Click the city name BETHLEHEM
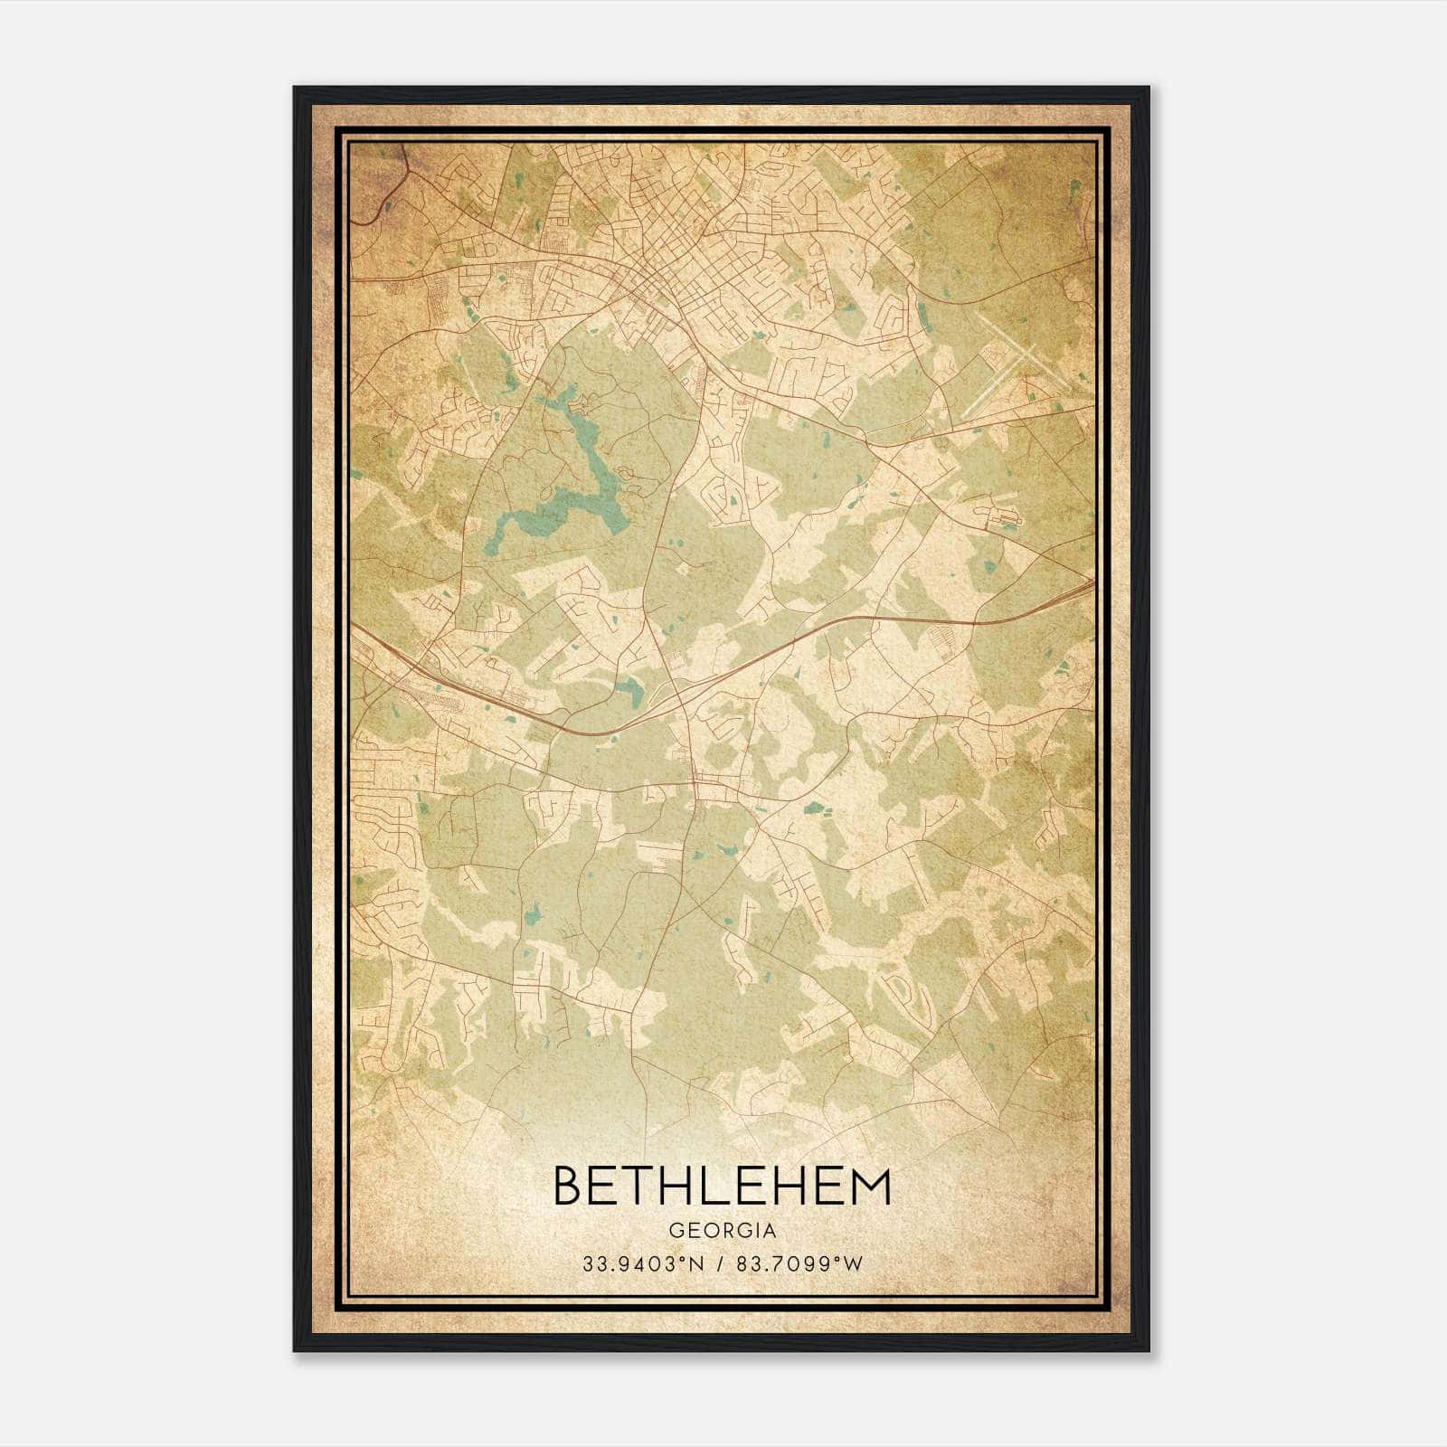click(x=722, y=1187)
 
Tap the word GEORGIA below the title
click(x=722, y=1231)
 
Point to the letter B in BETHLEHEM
click(x=567, y=1187)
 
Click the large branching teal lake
click(x=579, y=470)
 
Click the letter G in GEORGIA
click(x=676, y=1231)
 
